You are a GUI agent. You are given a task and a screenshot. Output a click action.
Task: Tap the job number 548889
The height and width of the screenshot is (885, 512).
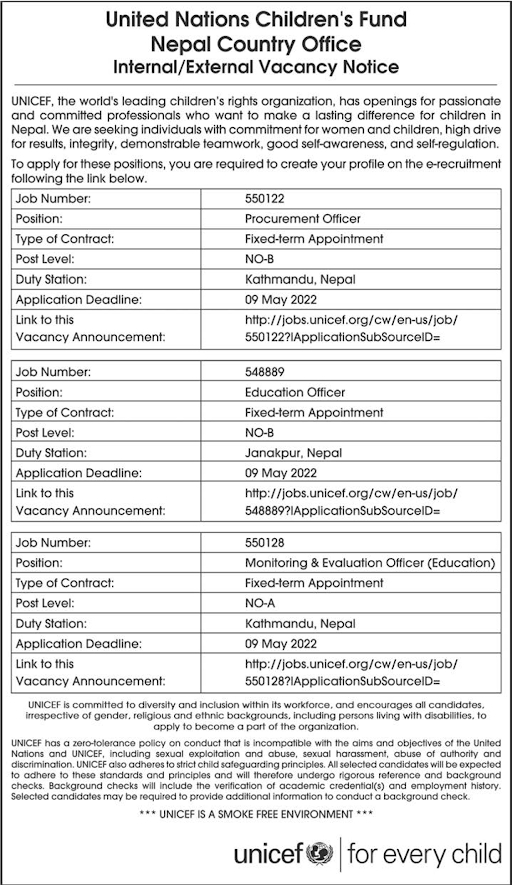point(264,371)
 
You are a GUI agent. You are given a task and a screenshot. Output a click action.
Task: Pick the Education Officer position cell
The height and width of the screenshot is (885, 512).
point(295,392)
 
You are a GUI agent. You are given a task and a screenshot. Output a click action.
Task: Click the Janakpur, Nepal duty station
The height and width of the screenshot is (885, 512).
point(293,453)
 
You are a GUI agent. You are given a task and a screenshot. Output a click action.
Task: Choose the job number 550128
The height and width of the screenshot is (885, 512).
point(263,543)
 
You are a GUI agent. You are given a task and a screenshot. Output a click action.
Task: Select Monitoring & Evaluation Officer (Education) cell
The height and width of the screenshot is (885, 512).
point(369,563)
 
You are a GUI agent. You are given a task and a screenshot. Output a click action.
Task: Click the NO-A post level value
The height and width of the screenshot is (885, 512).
point(261,604)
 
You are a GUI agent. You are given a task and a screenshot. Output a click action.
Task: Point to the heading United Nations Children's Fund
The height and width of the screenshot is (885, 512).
point(256,19)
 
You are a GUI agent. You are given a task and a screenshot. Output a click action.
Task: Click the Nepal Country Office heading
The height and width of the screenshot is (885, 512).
point(256,44)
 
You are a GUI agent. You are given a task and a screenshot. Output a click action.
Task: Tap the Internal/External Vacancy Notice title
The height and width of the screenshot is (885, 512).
point(256,68)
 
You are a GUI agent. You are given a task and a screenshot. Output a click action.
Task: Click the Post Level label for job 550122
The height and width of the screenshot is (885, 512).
point(46,259)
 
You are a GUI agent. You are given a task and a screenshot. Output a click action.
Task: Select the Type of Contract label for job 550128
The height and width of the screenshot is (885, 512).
point(64,583)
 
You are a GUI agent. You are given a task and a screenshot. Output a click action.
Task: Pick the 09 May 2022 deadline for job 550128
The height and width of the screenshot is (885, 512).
point(280,643)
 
